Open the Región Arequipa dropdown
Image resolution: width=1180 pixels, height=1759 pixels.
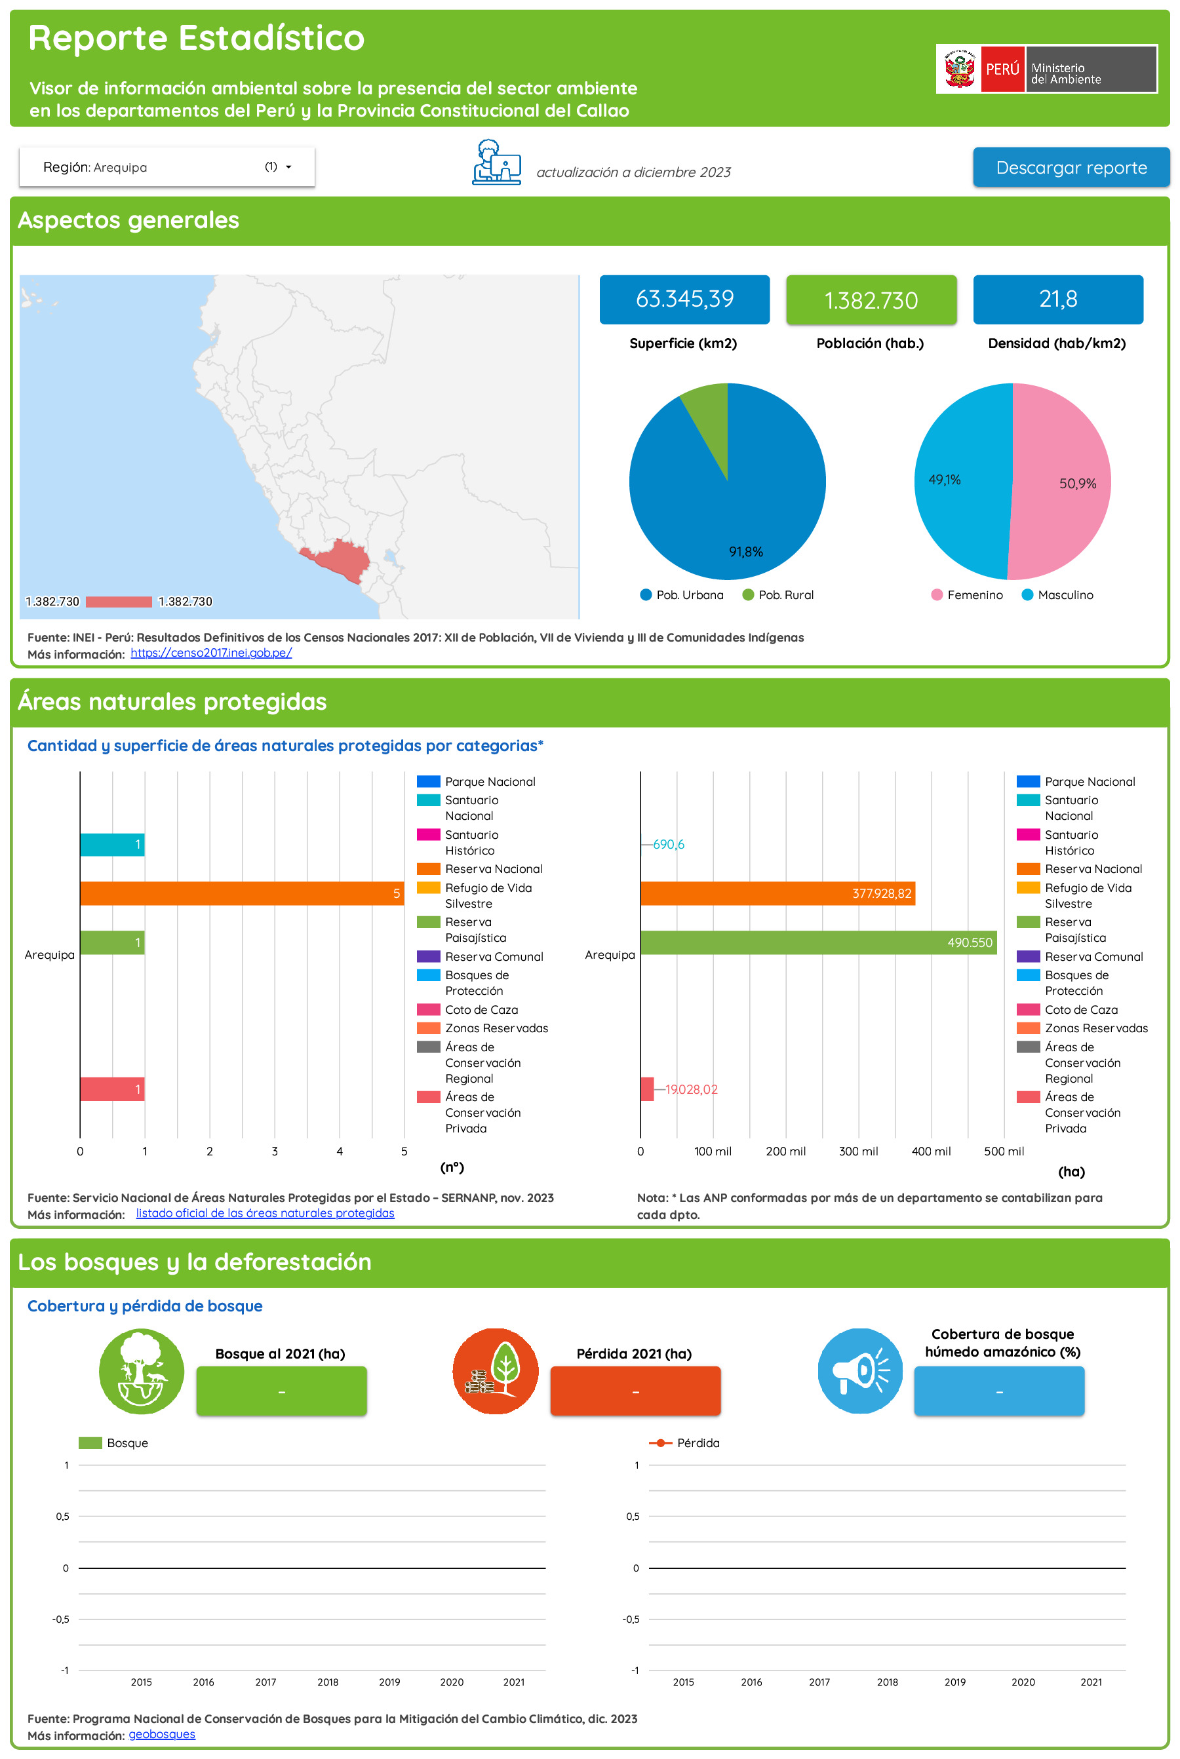coord(167,167)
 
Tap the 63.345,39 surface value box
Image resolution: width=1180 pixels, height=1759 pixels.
coord(684,300)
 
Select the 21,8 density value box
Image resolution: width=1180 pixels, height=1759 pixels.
coord(1057,300)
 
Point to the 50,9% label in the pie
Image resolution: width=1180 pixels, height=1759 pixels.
coord(1077,484)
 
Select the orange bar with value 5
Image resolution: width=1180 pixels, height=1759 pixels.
coord(241,893)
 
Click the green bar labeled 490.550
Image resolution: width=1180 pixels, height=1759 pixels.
coord(817,942)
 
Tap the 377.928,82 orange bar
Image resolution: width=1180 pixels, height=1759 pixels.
coord(777,893)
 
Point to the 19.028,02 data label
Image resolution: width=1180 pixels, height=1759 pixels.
coord(691,1089)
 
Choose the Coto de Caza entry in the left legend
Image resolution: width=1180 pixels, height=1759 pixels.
coord(481,1010)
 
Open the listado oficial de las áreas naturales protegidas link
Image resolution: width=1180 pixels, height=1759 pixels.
coord(265,1213)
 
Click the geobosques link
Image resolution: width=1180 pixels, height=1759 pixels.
coord(162,1734)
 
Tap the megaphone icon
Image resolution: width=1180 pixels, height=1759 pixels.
coord(860,1371)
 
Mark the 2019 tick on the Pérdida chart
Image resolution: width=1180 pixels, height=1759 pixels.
coord(954,1682)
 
